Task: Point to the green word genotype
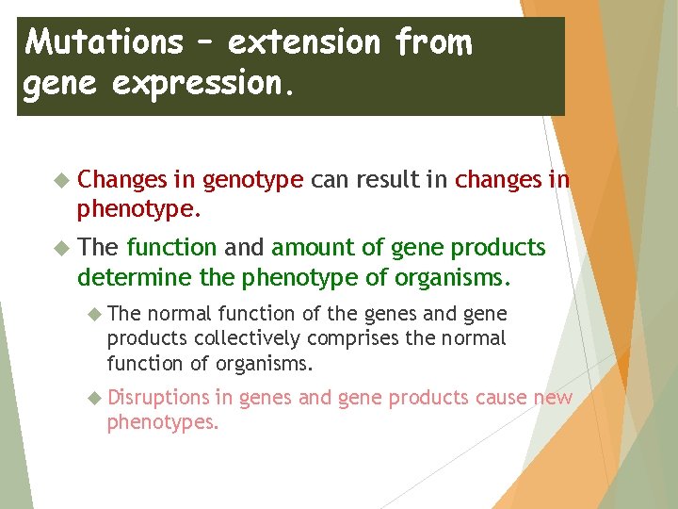[x=252, y=180]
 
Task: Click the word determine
[x=121, y=279]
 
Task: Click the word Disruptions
[x=158, y=398]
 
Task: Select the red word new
[x=553, y=398]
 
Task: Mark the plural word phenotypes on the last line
[x=163, y=423]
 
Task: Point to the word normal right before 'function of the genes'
[x=180, y=314]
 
